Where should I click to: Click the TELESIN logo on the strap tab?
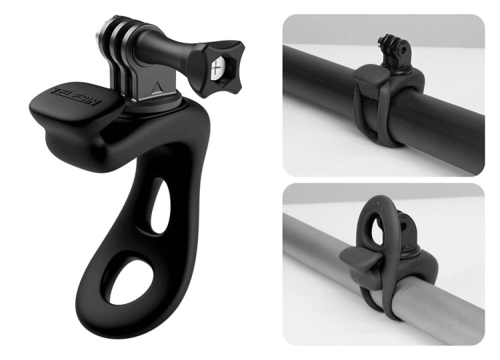[76, 97]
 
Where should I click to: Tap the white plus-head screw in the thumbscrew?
[217, 68]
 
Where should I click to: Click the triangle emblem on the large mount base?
[156, 87]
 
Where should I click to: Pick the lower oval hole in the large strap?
[127, 281]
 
